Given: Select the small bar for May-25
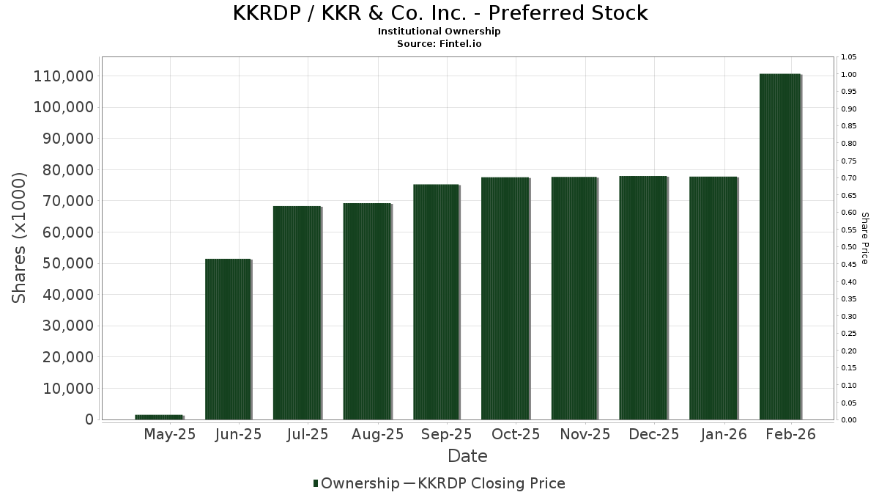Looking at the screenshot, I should point(158,417).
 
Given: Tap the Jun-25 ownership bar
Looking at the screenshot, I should point(228,339).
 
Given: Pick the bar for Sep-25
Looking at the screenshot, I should point(436,301).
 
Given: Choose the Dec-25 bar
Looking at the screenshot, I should point(643,297).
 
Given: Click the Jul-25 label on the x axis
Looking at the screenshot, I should point(308,434).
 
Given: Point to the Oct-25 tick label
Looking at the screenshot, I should point(516,434).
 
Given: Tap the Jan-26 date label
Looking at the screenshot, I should point(724,434).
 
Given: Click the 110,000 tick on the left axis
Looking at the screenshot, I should point(64,76).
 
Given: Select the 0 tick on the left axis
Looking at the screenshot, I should point(89,419).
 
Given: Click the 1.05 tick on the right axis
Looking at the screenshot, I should point(849,57).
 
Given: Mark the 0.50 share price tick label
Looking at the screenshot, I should point(849,247).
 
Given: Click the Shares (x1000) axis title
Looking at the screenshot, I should point(20,238).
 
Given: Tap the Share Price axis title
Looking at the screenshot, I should point(864,238).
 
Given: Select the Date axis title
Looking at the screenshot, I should point(467,456).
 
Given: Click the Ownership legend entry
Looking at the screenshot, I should point(356,483).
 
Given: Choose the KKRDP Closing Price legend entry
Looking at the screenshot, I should point(483,483).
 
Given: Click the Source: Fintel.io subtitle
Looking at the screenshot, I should point(439,43).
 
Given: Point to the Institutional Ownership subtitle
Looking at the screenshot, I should point(439,32).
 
